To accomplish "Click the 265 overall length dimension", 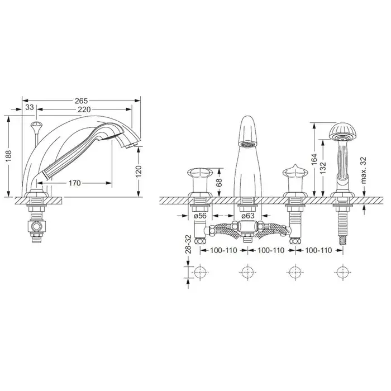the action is coord(82,101).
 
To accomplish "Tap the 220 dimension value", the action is coord(84,109).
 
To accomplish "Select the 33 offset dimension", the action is coord(30,107).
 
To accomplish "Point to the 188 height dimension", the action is coord(8,156).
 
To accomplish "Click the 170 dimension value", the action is coord(74,183).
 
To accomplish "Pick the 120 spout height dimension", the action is coord(139,171).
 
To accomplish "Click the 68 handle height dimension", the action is coord(219,182).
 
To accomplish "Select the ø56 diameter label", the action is coord(200,216).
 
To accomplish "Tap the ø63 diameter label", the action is coord(248,216).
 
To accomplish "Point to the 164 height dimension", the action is coord(314,159).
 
